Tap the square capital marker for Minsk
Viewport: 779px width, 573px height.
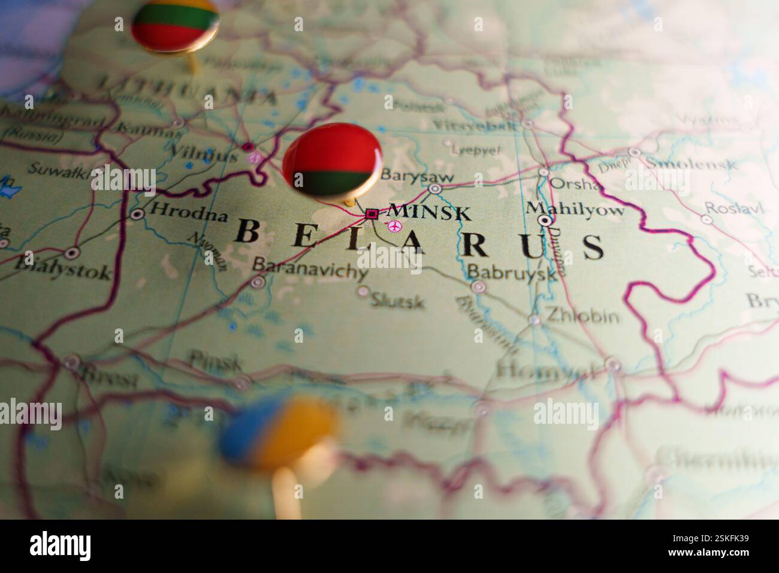pyautogui.click(x=372, y=213)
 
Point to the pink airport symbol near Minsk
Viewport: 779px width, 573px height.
pyautogui.click(x=394, y=226)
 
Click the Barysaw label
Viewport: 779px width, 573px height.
pyautogui.click(x=417, y=177)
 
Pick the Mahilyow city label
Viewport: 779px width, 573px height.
pyautogui.click(x=575, y=209)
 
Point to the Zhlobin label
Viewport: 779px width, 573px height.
pyautogui.click(x=582, y=315)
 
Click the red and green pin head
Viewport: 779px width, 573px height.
pyautogui.click(x=331, y=158)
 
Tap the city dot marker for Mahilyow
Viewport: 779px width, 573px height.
pyautogui.click(x=545, y=221)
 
